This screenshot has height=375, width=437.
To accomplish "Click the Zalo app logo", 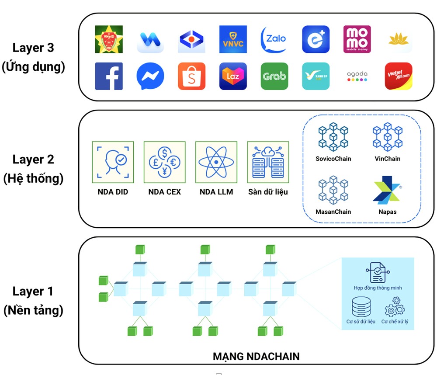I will click(274, 39).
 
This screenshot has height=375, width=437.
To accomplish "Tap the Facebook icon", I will click(109, 76).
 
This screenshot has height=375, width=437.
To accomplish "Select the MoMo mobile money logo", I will click(357, 39).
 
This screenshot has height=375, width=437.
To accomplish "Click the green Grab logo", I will click(274, 76).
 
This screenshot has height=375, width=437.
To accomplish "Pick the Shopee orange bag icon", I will click(191, 76).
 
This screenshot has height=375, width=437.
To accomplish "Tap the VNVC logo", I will click(232, 39).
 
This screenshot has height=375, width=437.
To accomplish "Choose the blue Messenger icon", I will click(150, 76).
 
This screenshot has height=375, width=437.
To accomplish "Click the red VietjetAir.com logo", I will click(398, 76).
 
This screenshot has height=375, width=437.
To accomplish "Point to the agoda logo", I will click(357, 76).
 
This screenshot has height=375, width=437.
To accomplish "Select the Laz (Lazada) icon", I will click(232, 76).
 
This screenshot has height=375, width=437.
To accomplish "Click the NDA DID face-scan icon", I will click(113, 162).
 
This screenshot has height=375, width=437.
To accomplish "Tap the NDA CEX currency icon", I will click(164, 162).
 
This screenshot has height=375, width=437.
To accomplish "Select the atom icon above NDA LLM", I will click(216, 162).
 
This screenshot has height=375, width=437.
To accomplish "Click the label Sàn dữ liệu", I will click(268, 191).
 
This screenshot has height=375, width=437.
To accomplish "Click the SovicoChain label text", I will click(333, 159).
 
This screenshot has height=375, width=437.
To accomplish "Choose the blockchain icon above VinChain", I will click(387, 137).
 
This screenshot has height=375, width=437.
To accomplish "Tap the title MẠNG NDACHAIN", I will click(256, 356).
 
